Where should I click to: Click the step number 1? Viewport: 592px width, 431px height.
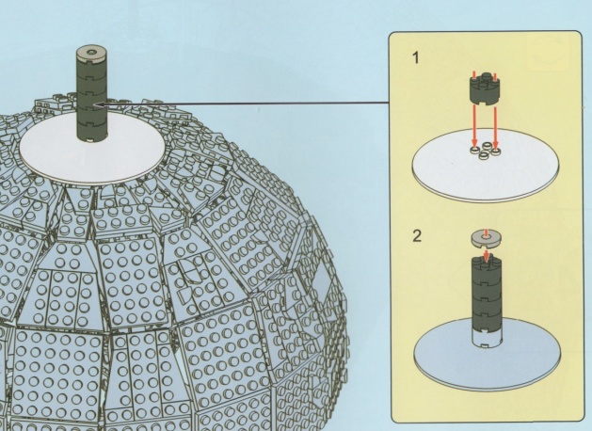[x=416, y=58]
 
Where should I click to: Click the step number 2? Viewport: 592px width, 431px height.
[x=417, y=236]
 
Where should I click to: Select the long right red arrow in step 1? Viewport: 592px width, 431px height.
[x=496, y=127]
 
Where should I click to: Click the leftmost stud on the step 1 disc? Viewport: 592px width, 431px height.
[x=474, y=151]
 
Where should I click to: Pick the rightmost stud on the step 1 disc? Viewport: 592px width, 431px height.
[x=496, y=152]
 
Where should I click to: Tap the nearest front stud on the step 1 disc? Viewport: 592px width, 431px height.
[x=484, y=155]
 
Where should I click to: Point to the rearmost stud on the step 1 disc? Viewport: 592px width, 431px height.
[x=487, y=145]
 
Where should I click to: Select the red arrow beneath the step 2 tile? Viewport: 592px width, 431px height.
[x=487, y=256]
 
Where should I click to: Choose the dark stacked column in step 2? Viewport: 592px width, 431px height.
[x=487, y=294]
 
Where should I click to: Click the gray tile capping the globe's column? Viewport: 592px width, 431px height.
[x=90, y=54]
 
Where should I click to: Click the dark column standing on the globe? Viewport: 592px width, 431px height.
[x=90, y=99]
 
